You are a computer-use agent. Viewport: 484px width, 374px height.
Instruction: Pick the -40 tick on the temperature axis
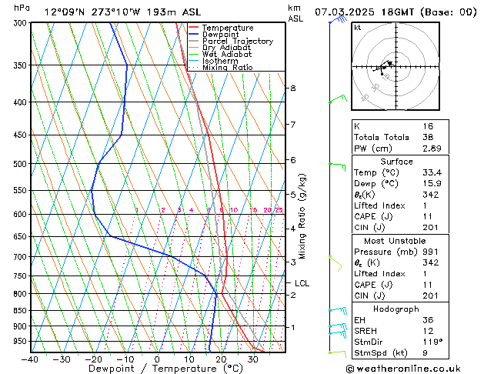30,359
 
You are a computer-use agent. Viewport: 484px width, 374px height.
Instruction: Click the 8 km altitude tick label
292,88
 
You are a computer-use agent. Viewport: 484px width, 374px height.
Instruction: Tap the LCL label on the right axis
302,283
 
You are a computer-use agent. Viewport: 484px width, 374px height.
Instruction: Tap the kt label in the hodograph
357,28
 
